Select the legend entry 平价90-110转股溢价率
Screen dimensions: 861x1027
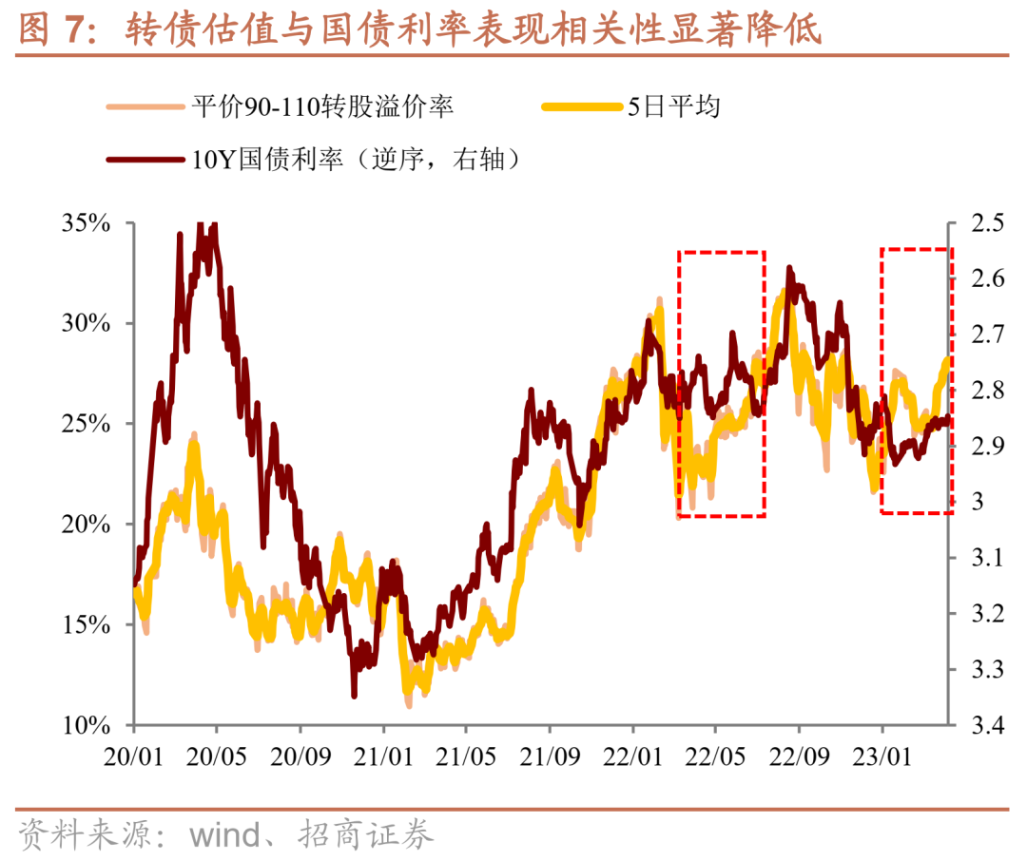tap(322, 106)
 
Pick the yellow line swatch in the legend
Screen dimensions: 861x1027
tap(582, 107)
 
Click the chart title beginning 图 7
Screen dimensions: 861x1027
tap(418, 30)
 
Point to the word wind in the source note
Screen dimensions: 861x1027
tap(224, 836)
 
